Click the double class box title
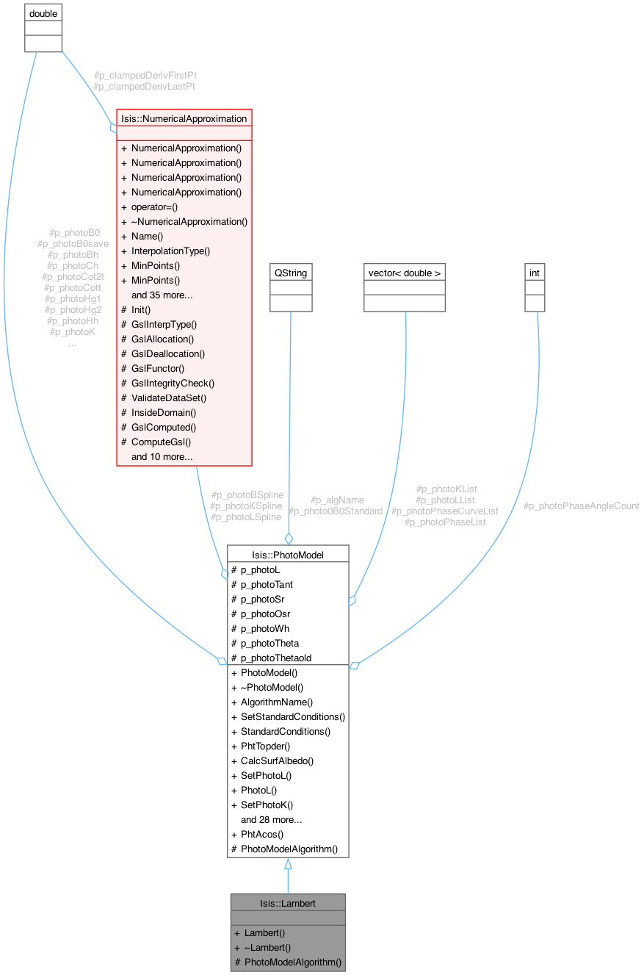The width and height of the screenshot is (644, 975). click(x=42, y=13)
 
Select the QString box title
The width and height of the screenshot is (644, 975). click(x=290, y=273)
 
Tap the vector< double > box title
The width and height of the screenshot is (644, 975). click(x=405, y=273)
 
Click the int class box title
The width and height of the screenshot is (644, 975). click(x=535, y=273)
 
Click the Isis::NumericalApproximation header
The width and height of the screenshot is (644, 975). click(x=184, y=118)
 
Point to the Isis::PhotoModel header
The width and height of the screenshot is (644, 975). click(x=287, y=555)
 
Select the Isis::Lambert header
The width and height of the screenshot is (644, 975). click(x=287, y=903)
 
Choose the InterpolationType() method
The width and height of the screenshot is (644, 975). click(x=170, y=251)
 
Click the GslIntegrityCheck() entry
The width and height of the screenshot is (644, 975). click(x=173, y=383)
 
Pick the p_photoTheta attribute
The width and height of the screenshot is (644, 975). click(x=265, y=643)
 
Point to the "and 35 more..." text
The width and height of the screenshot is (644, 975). click(x=162, y=295)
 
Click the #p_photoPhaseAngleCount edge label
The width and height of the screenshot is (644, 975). click(x=581, y=506)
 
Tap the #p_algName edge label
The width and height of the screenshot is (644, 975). click(x=337, y=500)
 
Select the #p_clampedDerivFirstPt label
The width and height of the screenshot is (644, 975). click(x=145, y=75)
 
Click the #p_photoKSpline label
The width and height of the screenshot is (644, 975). click(x=245, y=506)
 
